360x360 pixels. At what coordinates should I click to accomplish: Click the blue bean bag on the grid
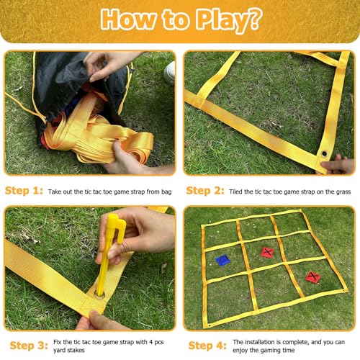222,260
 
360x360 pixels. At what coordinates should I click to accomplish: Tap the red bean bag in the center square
267,252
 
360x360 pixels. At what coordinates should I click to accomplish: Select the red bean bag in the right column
313,277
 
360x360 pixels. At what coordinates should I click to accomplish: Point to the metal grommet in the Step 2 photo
324,153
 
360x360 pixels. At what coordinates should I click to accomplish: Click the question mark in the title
253,19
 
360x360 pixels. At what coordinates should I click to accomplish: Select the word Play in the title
220,20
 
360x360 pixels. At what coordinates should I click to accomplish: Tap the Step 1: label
24,191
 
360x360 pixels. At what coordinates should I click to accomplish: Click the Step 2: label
205,191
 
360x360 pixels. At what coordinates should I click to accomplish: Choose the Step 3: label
29,346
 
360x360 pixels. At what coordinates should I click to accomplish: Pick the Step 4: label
207,346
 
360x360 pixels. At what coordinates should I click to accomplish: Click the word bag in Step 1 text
166,192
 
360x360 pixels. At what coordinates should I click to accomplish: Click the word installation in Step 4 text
260,342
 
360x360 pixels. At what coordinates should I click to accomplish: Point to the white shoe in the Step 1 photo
169,73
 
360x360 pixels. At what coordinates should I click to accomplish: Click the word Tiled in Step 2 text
235,192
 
